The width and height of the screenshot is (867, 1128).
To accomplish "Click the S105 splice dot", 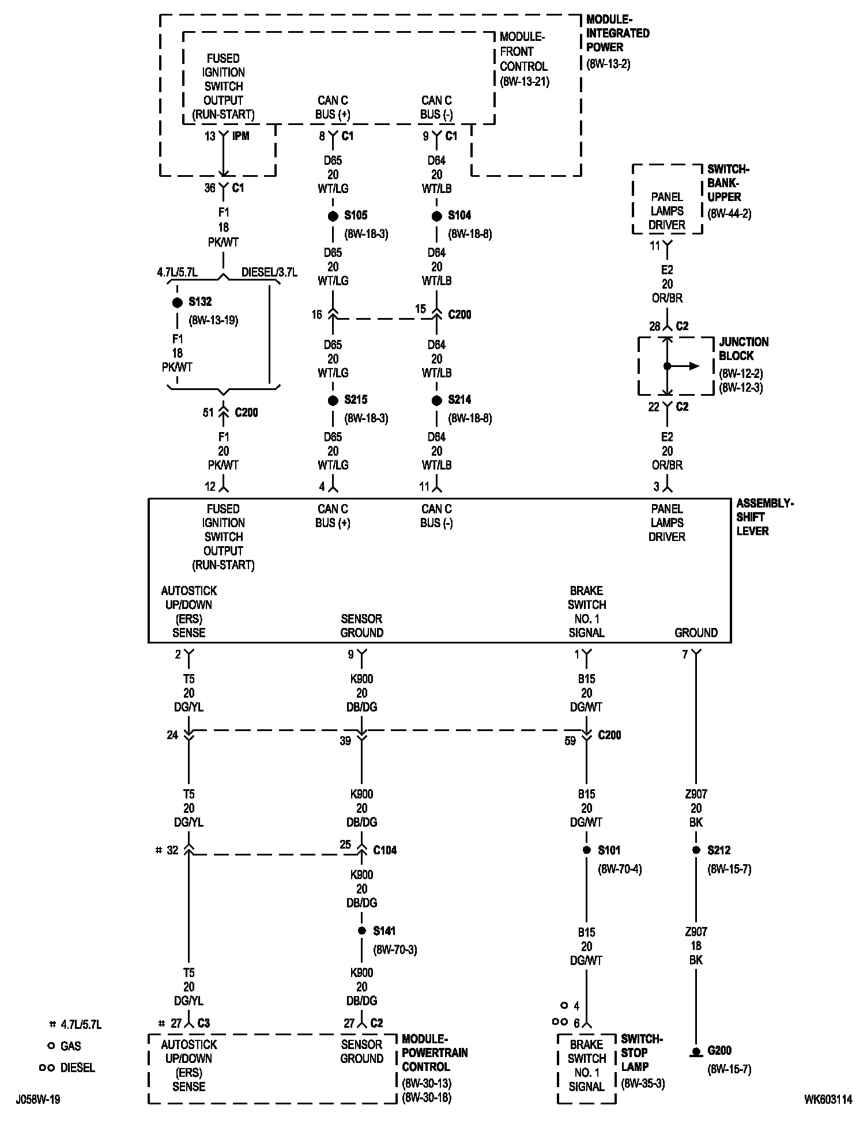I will pos(333,216).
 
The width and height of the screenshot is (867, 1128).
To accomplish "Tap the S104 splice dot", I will pos(436,216).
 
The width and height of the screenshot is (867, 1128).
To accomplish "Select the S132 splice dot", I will pos(178,302).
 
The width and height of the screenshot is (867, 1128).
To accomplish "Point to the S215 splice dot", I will pos(333,400).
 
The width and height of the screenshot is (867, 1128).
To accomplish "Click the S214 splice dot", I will pos(436,400).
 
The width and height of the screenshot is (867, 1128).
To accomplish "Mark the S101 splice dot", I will pos(586,850).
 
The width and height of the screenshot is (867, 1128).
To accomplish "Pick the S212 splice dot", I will pos(696,850).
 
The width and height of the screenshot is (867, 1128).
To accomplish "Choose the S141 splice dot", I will pos(361,931).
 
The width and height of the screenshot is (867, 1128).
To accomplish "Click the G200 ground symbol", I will pos(696,1052).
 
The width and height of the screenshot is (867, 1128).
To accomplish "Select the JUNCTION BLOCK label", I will pos(744,349).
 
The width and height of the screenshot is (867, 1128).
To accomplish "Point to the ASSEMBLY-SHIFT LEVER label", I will pos(764,517).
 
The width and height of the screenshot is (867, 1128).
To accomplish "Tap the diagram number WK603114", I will pos(828,1100).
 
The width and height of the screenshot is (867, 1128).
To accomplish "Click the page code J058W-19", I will pos(38,1100).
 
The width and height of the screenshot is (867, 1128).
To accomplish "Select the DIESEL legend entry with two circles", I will pos(67,1068).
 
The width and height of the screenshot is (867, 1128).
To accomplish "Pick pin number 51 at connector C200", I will pos(208,412).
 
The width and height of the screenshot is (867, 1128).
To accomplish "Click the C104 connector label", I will pos(385,850).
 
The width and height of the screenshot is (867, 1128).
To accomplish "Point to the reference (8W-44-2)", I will pos(729,214).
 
